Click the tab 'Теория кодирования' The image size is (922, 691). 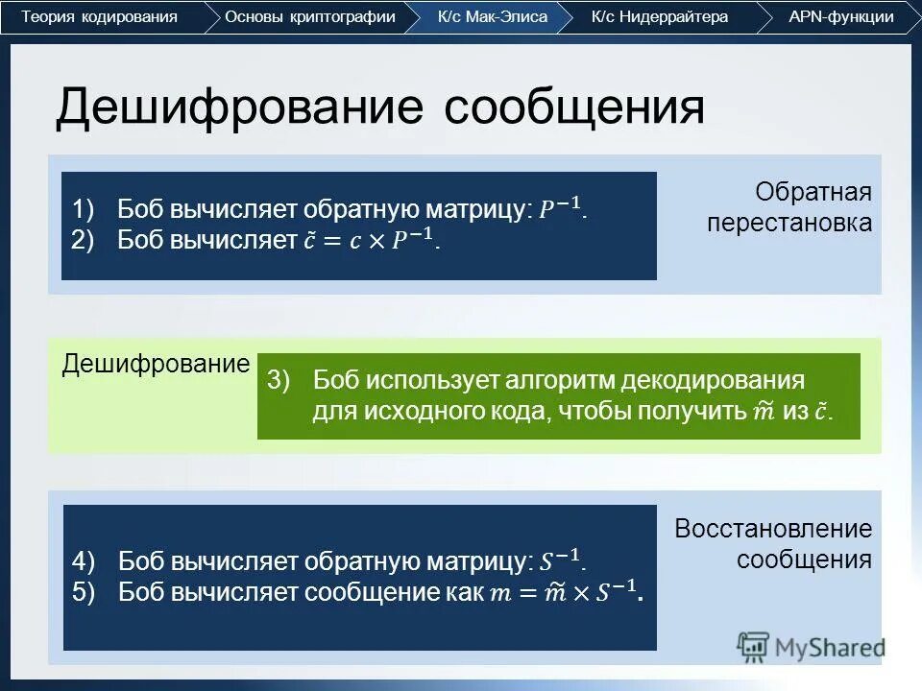point(100,17)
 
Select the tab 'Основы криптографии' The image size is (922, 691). point(309,17)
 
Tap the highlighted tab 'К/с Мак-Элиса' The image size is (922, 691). point(492,17)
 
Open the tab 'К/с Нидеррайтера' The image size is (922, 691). point(660,17)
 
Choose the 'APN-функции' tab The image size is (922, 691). point(840,17)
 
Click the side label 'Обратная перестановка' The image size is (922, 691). point(789,207)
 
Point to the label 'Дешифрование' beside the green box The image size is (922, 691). point(156,365)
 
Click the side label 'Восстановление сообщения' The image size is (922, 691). point(773,543)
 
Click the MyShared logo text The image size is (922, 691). point(830,647)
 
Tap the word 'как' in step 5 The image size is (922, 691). point(465,592)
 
